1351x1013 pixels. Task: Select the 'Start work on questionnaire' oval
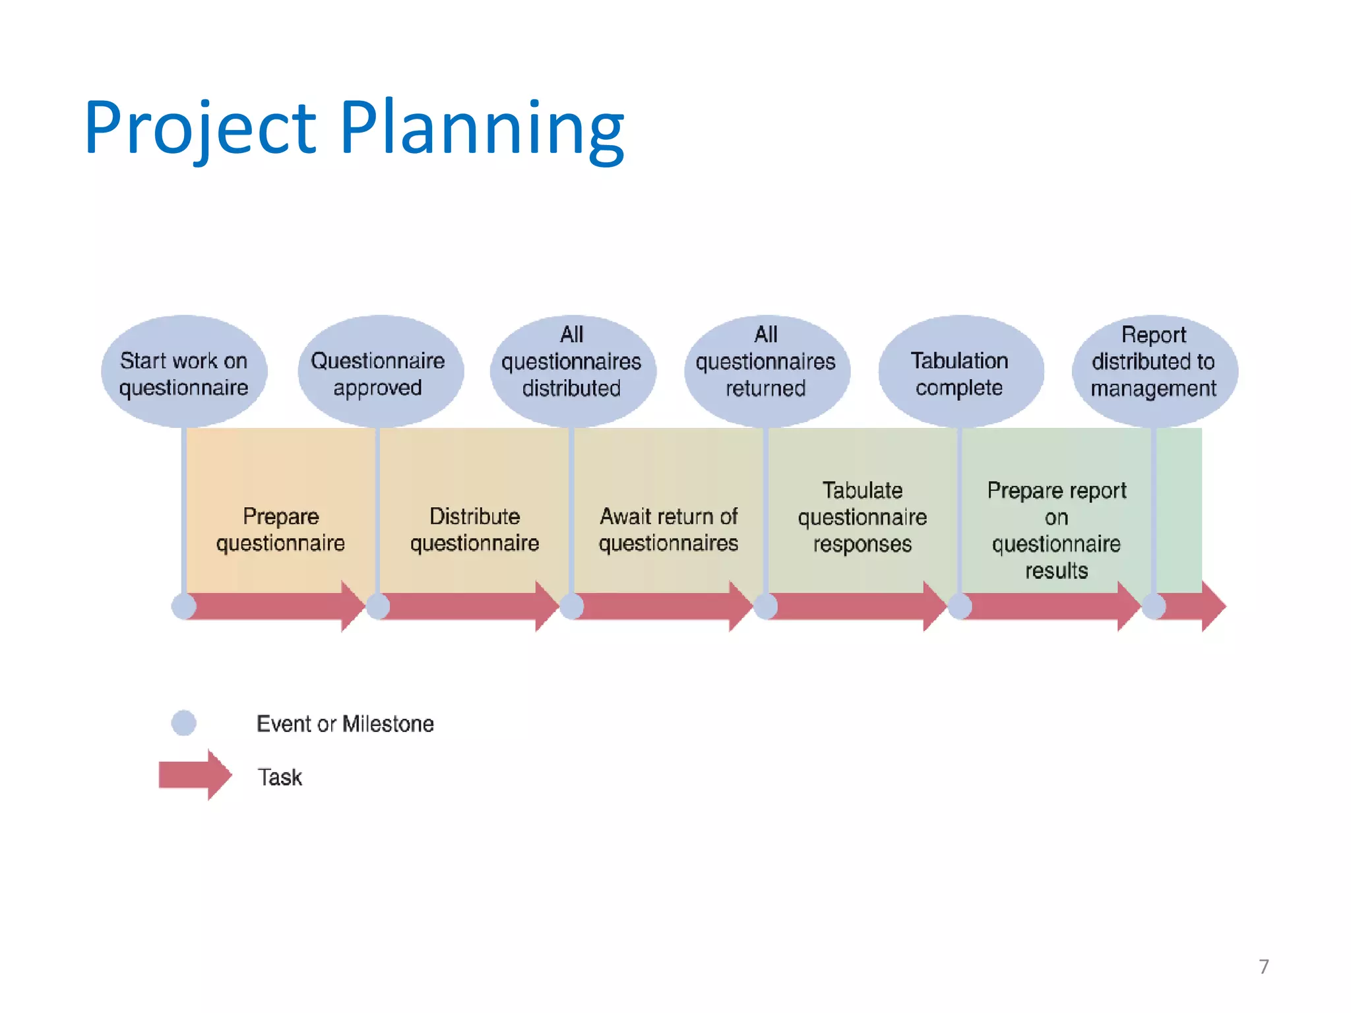coord(184,373)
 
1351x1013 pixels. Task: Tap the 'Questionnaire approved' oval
coord(379,373)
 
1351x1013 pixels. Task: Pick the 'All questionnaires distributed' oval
coord(572,373)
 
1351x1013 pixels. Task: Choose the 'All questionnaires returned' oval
coord(766,373)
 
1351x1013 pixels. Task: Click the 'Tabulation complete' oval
coord(960,373)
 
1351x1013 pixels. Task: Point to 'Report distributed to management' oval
coord(1154,373)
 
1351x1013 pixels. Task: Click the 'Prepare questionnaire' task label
coord(281,529)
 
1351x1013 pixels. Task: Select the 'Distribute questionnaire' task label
coord(475,529)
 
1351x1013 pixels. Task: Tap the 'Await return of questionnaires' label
coord(668,529)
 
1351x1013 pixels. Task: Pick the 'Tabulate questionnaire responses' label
coord(862,517)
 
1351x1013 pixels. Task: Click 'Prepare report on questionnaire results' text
coord(1056,530)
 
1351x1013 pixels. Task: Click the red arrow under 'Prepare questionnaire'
coord(277,606)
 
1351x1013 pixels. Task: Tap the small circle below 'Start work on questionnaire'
coord(184,606)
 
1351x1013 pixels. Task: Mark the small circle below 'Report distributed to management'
coord(1154,606)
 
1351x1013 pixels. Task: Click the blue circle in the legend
coord(183,723)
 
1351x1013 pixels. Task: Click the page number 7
coord(1263,966)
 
